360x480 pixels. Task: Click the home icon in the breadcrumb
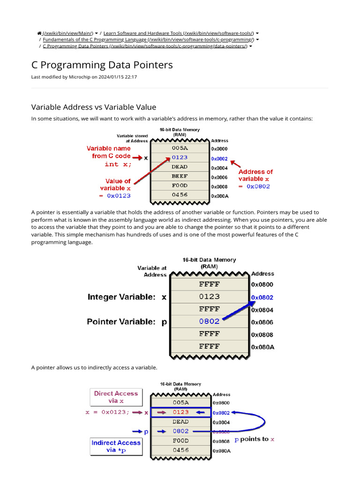click(39, 33)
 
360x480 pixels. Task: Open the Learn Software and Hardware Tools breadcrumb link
click(178, 33)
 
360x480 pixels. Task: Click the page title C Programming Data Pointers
click(102, 65)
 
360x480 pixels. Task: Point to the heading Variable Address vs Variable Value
click(93, 107)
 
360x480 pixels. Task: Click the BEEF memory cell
click(180, 176)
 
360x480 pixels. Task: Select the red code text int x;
click(118, 164)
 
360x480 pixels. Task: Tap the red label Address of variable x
click(255, 175)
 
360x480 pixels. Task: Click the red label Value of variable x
click(118, 184)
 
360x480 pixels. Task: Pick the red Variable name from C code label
click(109, 152)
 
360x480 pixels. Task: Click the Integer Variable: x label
click(127, 297)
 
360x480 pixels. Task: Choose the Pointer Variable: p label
click(127, 322)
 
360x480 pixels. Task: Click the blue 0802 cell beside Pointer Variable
click(209, 322)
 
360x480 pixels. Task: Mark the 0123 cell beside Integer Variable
click(209, 297)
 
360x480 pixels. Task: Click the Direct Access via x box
click(116, 397)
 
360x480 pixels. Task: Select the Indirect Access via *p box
click(116, 446)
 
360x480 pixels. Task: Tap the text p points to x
click(255, 439)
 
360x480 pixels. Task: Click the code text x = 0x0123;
click(107, 412)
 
